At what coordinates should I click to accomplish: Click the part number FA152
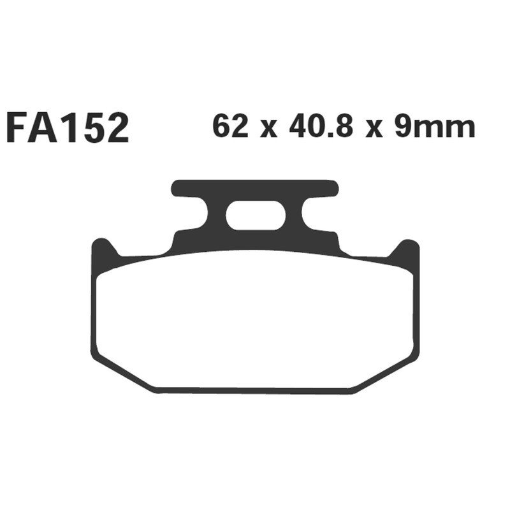click(68, 128)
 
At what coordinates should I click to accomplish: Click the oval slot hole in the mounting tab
click(255, 215)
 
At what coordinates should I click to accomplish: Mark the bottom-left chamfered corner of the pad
click(124, 375)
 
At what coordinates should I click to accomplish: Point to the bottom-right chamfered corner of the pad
click(386, 375)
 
